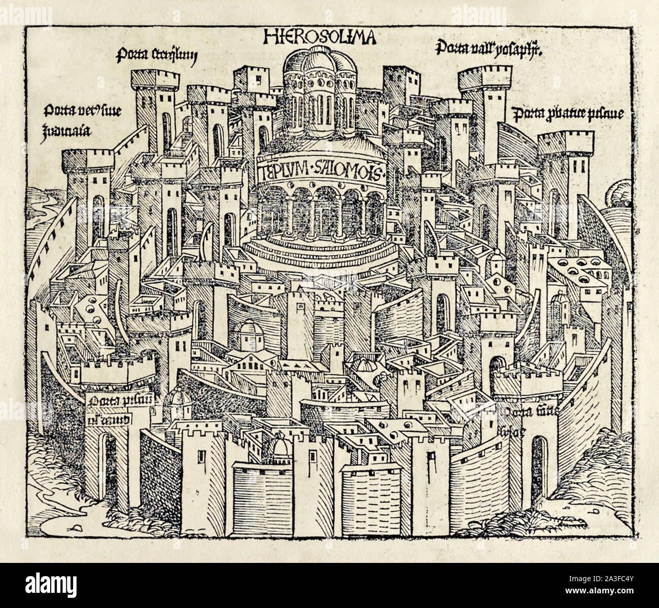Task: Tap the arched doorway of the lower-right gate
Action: click(541, 466)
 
